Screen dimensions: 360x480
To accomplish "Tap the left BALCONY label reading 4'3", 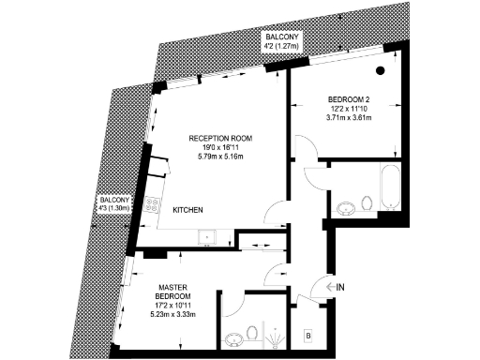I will pos(114,202).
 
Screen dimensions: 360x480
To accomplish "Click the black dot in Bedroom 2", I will pos(381,70).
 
